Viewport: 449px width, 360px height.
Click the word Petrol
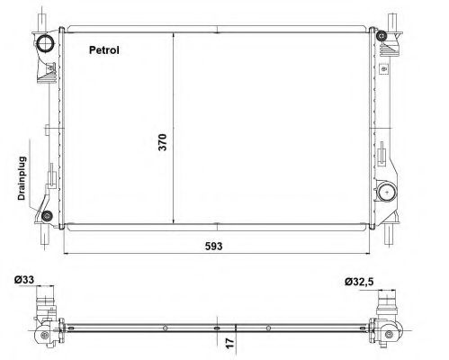tap(104, 50)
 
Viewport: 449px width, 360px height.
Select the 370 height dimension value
tap(162, 142)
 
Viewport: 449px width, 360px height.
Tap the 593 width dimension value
tap(214, 247)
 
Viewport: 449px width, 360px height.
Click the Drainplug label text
tap(22, 178)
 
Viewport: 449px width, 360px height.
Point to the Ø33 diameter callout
tap(24, 280)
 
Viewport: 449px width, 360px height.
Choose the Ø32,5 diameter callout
tap(359, 282)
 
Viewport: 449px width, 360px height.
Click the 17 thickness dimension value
tap(229, 343)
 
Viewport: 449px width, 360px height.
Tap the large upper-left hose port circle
tap(45, 42)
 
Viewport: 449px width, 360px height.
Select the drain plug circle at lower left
tap(47, 216)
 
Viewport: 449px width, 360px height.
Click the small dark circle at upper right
tap(382, 36)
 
